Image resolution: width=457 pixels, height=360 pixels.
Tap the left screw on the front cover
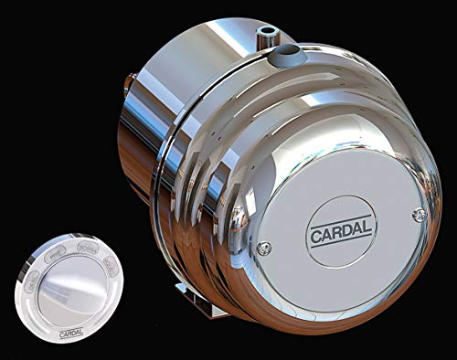tap(264, 248)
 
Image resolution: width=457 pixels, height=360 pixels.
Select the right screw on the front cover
tap(419, 214)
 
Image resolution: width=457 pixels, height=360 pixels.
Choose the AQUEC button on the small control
tap(110, 268)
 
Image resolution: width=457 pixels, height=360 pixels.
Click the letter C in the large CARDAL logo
tap(315, 232)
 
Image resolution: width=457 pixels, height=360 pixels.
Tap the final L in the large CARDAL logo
tap(367, 219)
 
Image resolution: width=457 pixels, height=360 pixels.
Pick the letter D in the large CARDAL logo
tap(346, 225)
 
